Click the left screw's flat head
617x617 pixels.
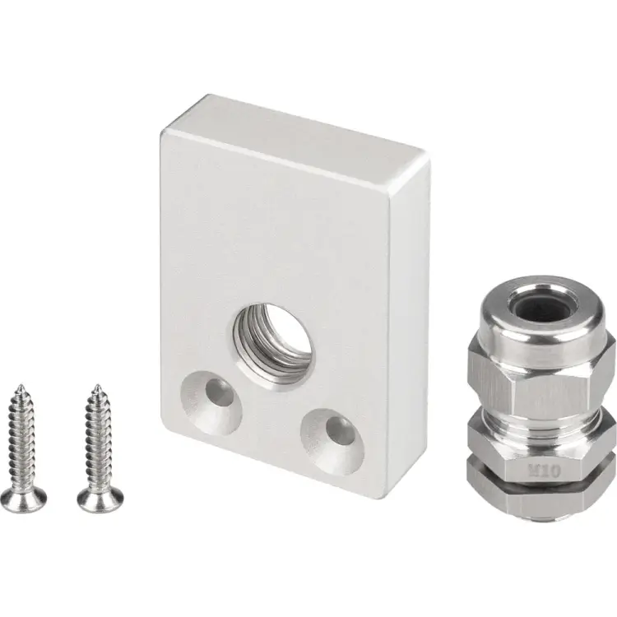click(x=23, y=496)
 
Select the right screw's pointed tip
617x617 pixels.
click(x=95, y=387)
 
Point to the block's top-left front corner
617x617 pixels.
click(x=162, y=132)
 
